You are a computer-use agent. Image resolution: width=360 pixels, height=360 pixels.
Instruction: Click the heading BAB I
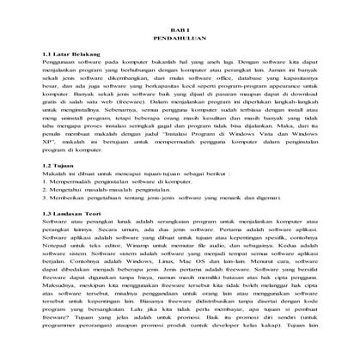180,28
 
